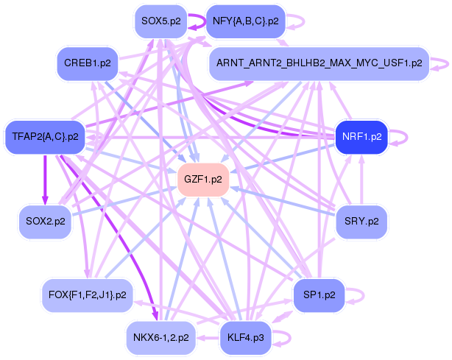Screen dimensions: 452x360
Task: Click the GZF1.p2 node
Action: (x=203, y=180)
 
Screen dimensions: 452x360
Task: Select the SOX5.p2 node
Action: (x=161, y=21)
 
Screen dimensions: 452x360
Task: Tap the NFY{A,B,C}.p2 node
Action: (x=246, y=21)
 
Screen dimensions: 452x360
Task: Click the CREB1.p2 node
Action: (x=88, y=63)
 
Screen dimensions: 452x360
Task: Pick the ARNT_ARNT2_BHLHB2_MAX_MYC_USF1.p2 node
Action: (x=319, y=63)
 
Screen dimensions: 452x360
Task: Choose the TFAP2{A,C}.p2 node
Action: (x=45, y=137)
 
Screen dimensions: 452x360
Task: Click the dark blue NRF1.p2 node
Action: (x=361, y=137)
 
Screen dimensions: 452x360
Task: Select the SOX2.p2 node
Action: (x=45, y=222)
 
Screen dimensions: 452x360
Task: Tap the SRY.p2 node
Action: (x=361, y=222)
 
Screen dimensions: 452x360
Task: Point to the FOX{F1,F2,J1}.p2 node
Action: (x=88, y=295)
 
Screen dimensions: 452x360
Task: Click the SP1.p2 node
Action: (x=319, y=295)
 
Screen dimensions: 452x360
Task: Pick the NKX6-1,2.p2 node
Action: (x=161, y=337)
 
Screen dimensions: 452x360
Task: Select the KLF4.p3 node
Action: (x=246, y=337)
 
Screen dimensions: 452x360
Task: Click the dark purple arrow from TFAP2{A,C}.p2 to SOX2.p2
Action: (x=45, y=180)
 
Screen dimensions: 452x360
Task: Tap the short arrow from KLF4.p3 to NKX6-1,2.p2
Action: (x=208, y=337)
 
